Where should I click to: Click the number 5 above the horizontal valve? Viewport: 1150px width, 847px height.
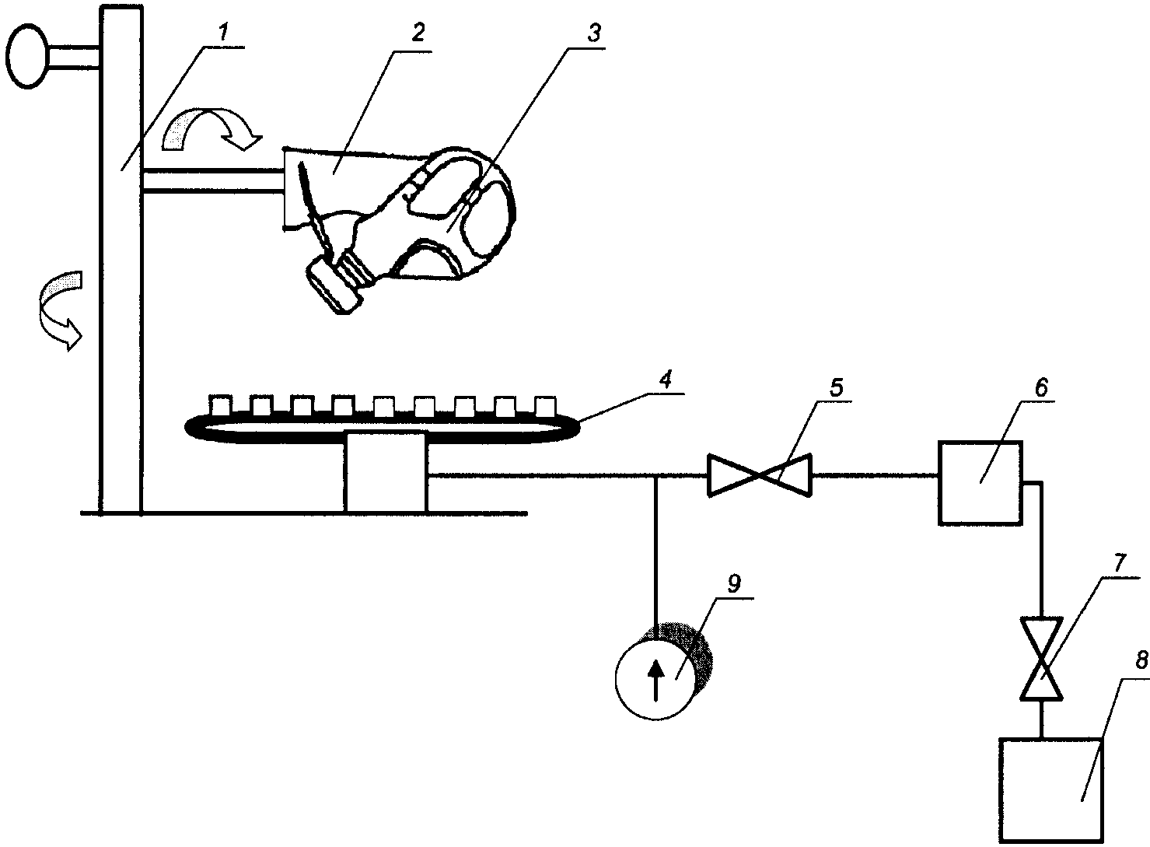coord(835,387)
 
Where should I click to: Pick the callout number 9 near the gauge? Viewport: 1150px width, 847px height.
coord(736,582)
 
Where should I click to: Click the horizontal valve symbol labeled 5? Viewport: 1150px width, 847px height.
coord(759,474)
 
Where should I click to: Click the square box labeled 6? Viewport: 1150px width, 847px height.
coord(980,482)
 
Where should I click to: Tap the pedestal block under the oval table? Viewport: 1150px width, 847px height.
coord(386,472)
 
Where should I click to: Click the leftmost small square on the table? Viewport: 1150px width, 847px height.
coord(221,405)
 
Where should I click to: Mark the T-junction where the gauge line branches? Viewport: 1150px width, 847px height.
coord(657,475)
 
